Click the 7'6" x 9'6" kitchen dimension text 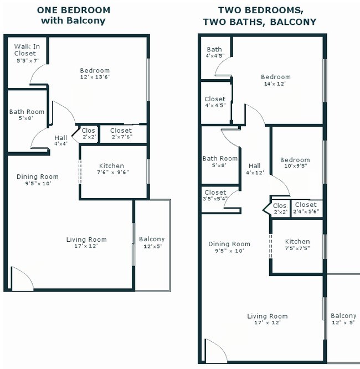tap(111, 171)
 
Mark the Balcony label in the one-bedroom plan tap(152, 242)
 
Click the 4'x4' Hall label tap(61, 141)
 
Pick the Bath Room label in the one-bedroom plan tap(27, 115)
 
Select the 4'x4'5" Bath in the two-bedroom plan tap(214, 53)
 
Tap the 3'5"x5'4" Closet tap(215, 195)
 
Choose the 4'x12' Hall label tap(255, 169)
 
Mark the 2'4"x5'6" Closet tap(305, 208)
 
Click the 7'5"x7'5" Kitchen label tap(297, 245)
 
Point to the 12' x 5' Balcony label tap(343, 319)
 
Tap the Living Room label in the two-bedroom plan tap(267, 319)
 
